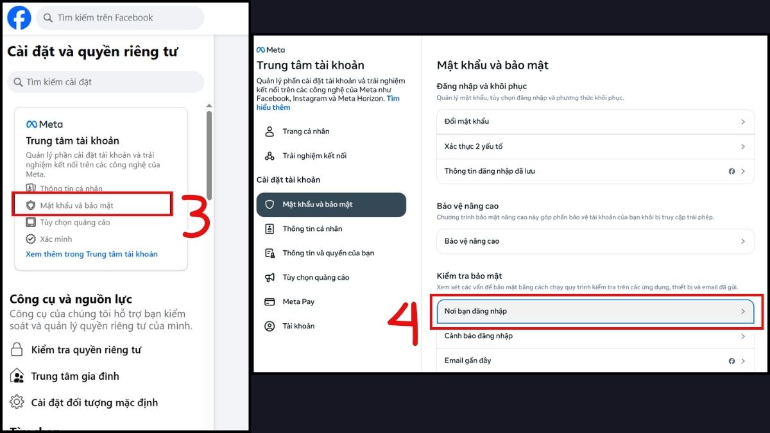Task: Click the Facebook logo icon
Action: click(19, 18)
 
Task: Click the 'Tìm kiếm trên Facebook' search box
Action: click(119, 18)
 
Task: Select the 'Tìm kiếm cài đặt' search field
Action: click(105, 82)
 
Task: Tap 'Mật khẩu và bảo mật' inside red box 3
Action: click(76, 205)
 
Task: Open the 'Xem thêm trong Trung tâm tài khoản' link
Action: click(91, 254)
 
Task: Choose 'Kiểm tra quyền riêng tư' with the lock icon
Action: click(85, 350)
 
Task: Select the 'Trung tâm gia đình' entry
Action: click(74, 376)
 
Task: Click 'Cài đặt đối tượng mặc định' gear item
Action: click(94, 403)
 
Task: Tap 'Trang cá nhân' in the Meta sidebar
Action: click(305, 132)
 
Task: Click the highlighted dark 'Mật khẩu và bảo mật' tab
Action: click(331, 205)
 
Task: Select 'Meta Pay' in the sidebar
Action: click(298, 301)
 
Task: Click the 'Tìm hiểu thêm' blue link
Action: click(393, 99)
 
